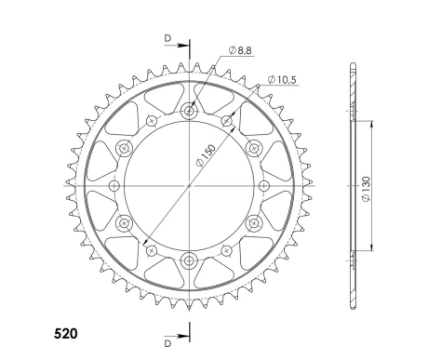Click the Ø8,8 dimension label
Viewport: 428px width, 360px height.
(x=240, y=50)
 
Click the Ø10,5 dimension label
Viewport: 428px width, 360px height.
(x=282, y=80)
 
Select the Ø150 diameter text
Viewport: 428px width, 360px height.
(x=206, y=155)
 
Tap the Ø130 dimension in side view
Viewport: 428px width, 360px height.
(x=366, y=189)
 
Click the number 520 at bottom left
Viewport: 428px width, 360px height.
(x=66, y=334)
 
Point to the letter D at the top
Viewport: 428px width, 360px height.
(x=167, y=38)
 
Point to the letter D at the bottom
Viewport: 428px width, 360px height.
(x=167, y=343)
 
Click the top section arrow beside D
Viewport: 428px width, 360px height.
(x=177, y=46)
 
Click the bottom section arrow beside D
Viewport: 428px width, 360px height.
(x=177, y=336)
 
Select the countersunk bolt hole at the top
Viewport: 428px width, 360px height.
(x=189, y=111)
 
